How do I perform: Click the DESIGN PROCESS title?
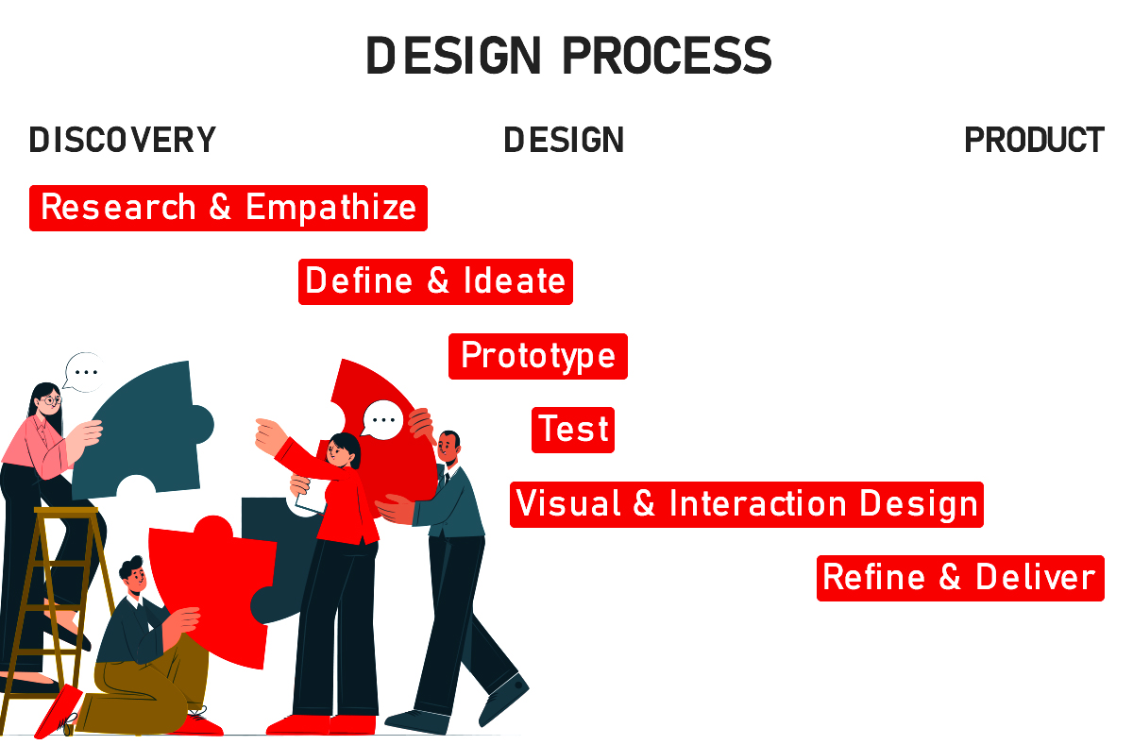point(568,56)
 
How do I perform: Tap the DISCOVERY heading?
point(123,140)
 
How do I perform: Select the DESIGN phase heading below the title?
point(564,140)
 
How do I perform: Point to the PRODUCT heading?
point(1035,140)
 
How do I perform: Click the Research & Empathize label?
point(228,208)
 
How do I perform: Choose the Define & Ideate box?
point(435,281)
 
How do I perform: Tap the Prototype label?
point(537,356)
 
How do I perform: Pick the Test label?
point(573,430)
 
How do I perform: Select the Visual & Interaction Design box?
point(747,504)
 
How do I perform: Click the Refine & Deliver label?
point(960,578)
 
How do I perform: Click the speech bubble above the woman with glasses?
point(84,373)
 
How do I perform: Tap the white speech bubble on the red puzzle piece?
point(383,420)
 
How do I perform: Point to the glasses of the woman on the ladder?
point(51,400)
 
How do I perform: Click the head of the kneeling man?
point(133,576)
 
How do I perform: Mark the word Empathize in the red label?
point(330,208)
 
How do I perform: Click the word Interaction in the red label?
point(757,503)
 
